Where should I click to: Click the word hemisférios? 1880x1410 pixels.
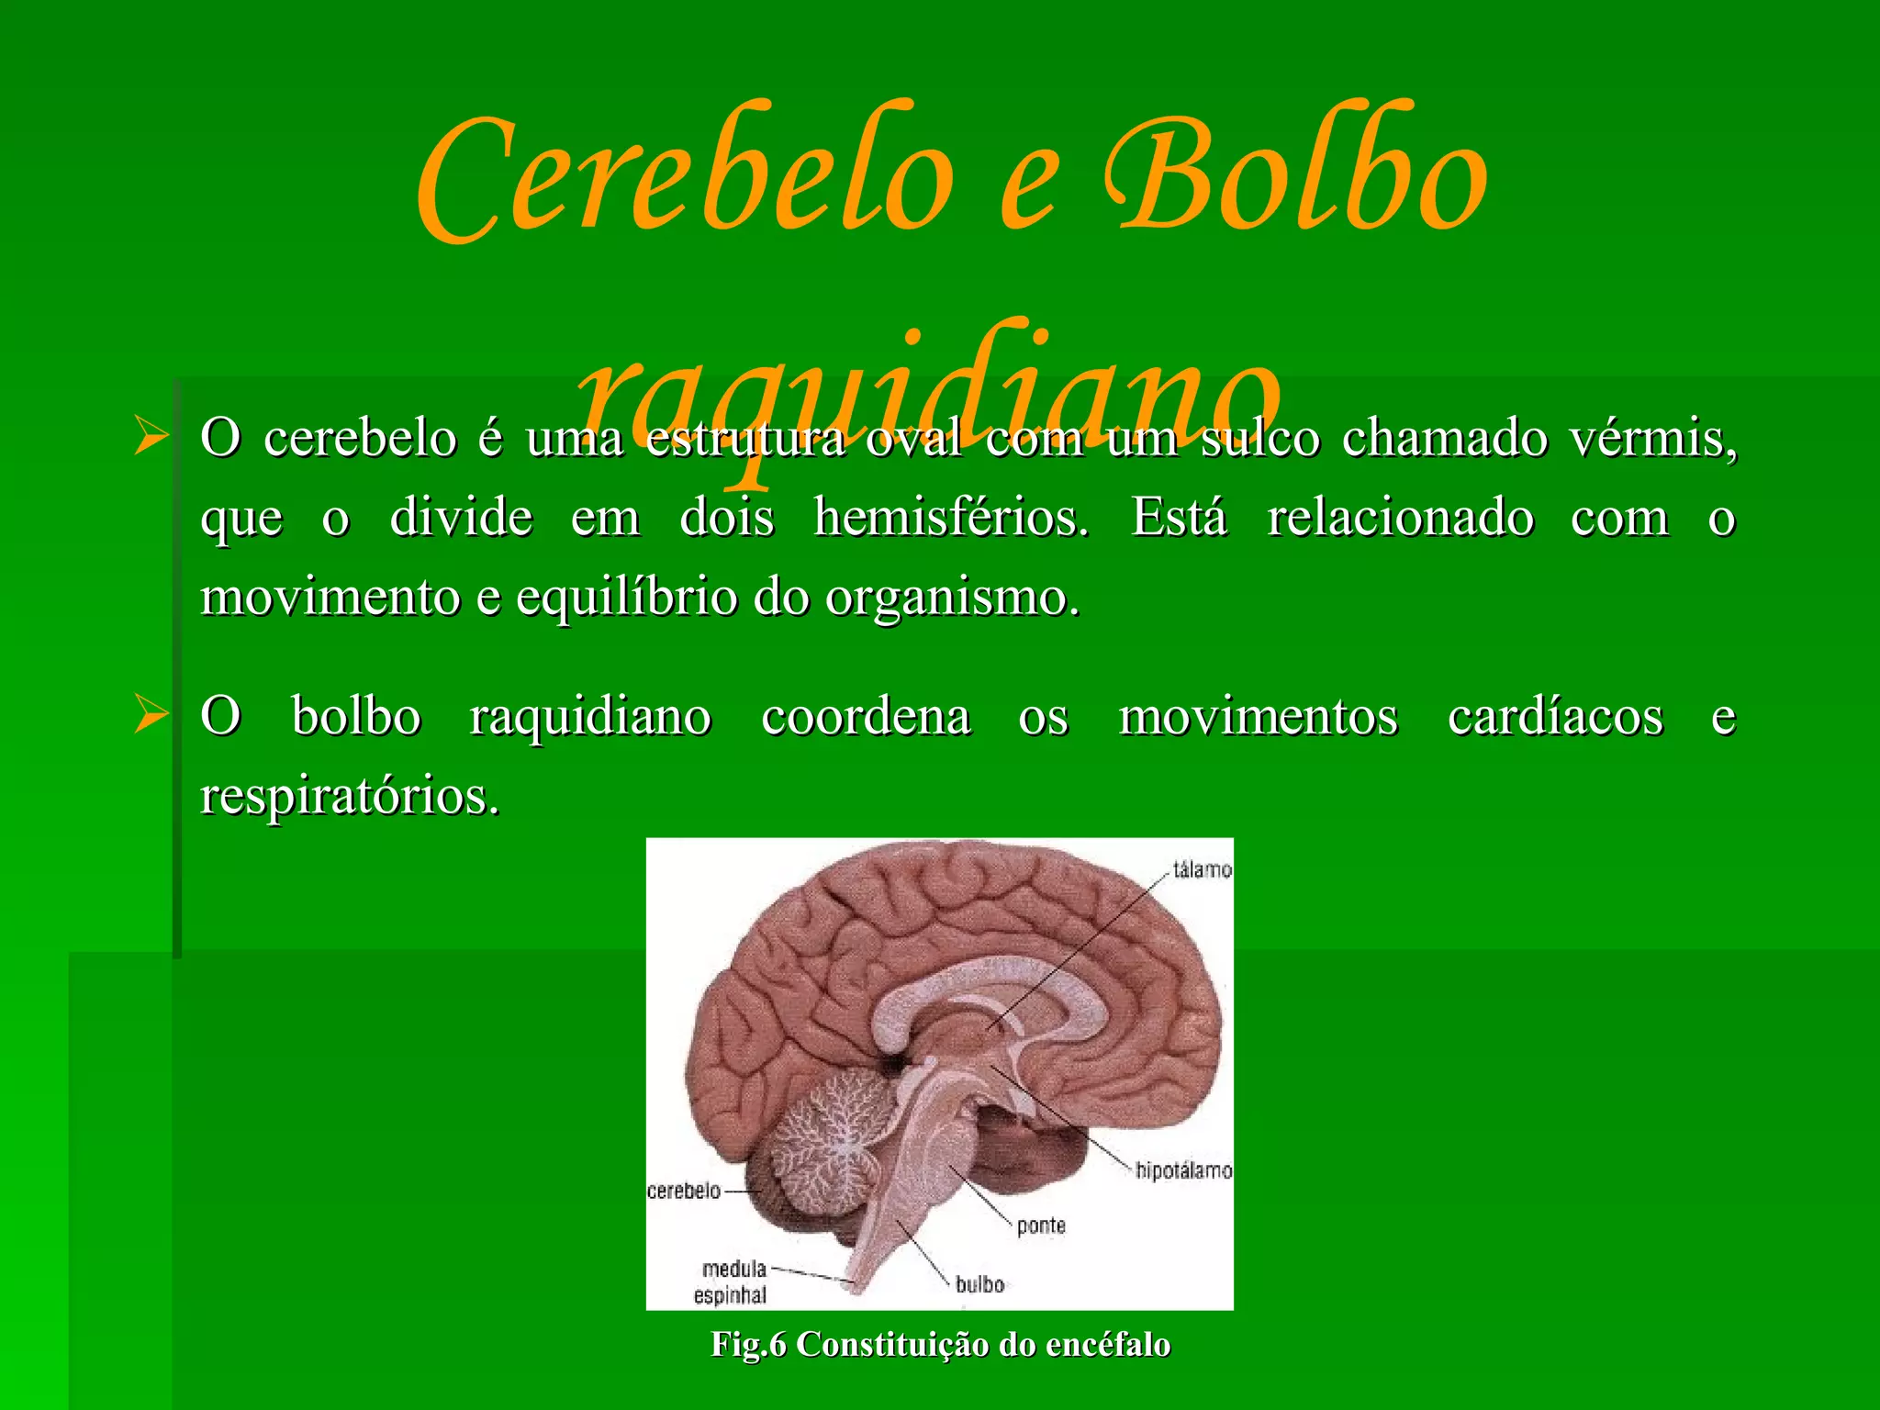[x=951, y=518]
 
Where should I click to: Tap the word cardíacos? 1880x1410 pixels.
[x=1555, y=717]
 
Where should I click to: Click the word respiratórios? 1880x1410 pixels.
[x=350, y=796]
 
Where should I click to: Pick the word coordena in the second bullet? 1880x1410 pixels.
[x=865, y=717]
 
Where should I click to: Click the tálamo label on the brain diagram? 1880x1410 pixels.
[x=1202, y=868]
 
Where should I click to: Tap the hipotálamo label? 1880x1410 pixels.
[x=1183, y=1170]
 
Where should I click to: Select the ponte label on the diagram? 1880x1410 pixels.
[x=1041, y=1225]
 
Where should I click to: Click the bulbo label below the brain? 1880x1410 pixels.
[x=979, y=1284]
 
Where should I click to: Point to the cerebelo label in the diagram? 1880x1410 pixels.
[x=684, y=1191]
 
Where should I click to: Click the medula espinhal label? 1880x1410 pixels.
[x=732, y=1281]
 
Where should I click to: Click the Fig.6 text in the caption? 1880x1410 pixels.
[x=748, y=1344]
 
